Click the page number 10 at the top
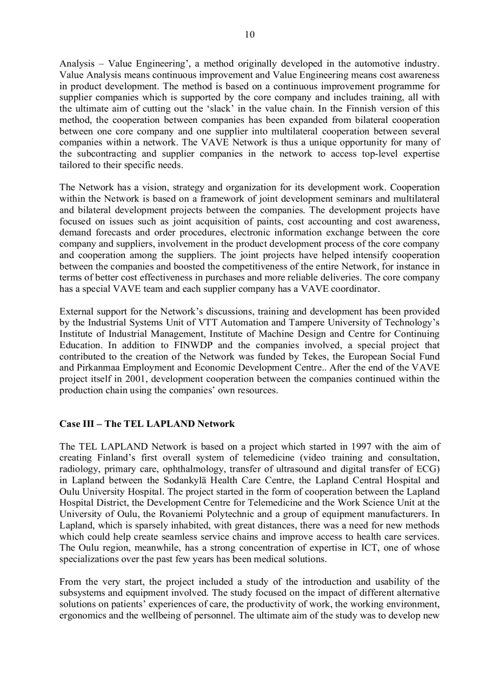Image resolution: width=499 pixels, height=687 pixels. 250,35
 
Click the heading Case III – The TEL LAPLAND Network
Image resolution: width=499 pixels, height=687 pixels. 147,423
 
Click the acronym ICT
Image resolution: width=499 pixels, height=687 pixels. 338,549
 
